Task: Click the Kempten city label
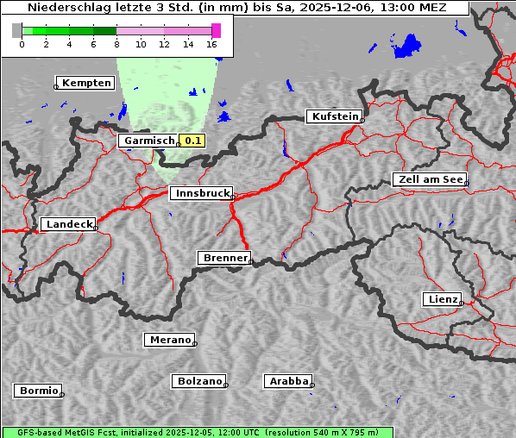coord(87,83)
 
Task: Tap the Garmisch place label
coord(149,141)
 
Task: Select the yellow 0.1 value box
coord(192,141)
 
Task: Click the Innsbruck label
coord(201,194)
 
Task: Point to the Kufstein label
coord(334,116)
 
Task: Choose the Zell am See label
coord(429,179)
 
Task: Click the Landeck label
coord(68,224)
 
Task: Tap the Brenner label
coord(225,258)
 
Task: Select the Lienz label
coord(442,299)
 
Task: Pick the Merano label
coord(170,340)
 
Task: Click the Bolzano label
coord(200,381)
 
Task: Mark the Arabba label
coord(288,381)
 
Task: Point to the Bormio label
coord(39,391)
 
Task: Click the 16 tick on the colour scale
coord(212,44)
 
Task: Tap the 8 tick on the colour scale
coord(116,44)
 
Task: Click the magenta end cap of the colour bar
coord(216,30)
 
